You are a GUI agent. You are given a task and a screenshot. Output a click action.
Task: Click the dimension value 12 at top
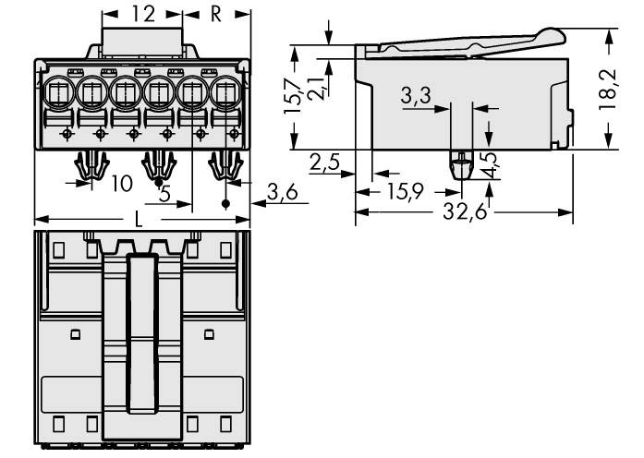coord(143,14)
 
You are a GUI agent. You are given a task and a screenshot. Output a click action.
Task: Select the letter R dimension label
coord(215,14)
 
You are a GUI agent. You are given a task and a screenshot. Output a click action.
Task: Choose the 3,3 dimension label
coord(418,95)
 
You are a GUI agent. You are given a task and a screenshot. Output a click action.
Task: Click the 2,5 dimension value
coord(325,163)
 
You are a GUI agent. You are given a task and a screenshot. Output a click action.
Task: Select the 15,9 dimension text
coord(406,193)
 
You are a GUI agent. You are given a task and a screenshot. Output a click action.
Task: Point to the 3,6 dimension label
coord(281,191)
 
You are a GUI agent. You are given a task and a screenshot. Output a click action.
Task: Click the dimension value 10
coord(121,183)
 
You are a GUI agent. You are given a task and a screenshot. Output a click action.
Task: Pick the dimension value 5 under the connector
coord(164,195)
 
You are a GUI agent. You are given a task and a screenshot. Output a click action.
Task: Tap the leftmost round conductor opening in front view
coord(60,92)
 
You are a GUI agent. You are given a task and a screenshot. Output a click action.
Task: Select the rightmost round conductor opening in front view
coord(225,92)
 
